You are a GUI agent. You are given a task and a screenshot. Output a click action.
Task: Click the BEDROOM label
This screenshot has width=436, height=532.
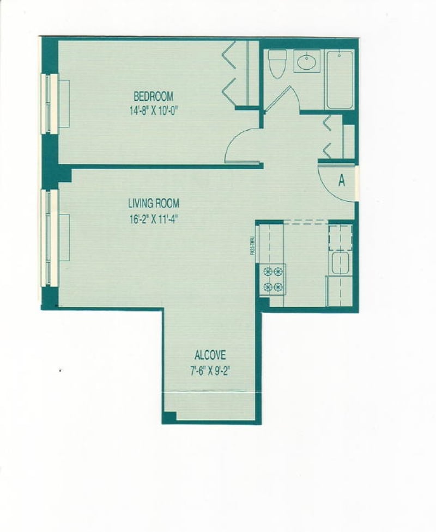click(154, 97)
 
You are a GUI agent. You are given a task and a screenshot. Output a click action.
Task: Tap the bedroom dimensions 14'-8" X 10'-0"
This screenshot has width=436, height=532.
click(154, 111)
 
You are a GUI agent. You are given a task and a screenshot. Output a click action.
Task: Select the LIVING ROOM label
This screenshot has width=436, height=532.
click(154, 204)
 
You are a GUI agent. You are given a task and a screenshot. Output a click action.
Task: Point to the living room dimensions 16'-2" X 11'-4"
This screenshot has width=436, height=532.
click(154, 219)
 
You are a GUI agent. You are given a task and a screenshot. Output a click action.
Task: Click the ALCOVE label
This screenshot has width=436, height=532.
click(210, 355)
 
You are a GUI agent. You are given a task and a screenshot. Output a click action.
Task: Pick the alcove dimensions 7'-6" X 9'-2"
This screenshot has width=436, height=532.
click(210, 371)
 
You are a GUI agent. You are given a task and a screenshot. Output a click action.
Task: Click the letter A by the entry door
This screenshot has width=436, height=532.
click(342, 181)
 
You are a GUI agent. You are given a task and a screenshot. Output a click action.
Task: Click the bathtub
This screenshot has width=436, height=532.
click(340, 80)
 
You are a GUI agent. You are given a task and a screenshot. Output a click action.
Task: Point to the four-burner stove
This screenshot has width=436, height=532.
click(273, 279)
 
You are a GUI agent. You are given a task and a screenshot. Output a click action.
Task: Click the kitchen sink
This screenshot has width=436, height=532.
click(340, 262)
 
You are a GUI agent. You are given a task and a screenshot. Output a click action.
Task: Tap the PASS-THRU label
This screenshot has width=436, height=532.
click(252, 245)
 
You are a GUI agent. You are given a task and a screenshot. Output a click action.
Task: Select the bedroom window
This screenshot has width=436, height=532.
click(50, 103)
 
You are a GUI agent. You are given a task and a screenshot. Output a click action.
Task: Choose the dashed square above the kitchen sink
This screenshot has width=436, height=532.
click(340, 238)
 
